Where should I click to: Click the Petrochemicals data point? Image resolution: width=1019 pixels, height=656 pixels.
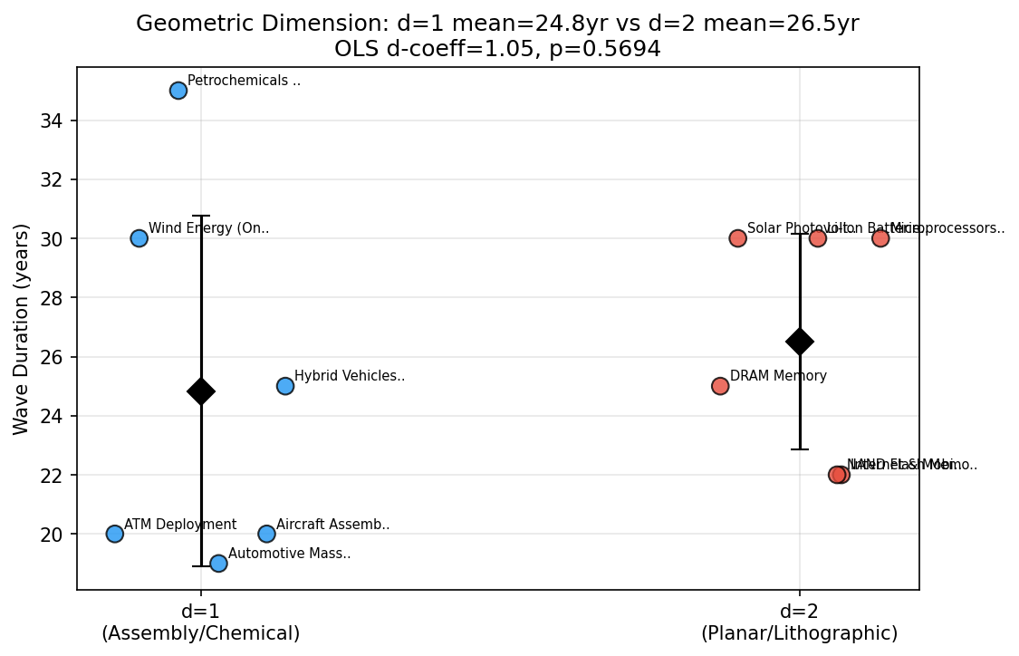178,91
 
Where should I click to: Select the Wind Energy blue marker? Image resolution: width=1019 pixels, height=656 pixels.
139,238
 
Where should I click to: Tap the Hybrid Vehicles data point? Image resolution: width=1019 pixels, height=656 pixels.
285,386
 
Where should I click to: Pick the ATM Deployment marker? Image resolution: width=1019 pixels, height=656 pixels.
115,534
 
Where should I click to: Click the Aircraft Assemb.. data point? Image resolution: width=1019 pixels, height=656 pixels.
266,534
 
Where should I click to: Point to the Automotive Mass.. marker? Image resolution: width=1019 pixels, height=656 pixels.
218,564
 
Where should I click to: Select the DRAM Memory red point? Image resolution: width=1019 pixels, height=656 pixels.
720,386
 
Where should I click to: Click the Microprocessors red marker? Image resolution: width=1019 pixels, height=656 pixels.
880,238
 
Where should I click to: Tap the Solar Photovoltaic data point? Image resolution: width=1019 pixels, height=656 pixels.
738,238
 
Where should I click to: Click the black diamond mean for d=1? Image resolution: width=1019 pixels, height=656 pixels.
201,391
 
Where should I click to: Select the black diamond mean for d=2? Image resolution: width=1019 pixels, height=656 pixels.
800,342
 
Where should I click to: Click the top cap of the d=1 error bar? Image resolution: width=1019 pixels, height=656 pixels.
201,216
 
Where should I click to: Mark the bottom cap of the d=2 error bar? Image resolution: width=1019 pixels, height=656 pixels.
800,449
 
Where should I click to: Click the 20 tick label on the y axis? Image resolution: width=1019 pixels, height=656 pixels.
52,535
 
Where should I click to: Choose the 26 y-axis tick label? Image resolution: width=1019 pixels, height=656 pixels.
52,357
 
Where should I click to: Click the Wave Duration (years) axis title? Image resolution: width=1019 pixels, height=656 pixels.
22,328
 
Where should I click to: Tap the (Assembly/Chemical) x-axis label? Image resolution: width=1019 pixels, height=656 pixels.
201,633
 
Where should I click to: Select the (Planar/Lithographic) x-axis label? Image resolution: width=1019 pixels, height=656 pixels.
800,633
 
